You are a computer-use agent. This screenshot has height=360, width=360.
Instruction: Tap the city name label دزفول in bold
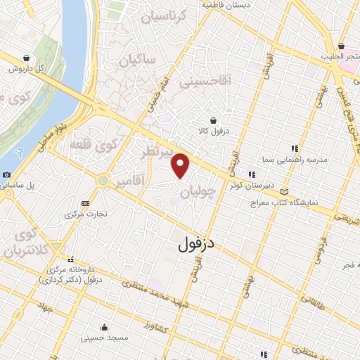click(195, 245)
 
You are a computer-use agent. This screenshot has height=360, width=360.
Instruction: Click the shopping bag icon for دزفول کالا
click(212, 120)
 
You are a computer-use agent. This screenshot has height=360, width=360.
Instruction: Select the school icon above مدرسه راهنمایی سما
click(295, 148)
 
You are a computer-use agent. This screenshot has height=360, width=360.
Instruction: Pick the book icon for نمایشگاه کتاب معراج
click(284, 191)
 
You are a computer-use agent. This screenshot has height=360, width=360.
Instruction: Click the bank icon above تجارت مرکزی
click(86, 202)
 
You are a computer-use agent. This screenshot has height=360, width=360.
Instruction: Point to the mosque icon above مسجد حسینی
click(104, 327)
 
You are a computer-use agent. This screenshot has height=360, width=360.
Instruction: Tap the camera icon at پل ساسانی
click(6, 174)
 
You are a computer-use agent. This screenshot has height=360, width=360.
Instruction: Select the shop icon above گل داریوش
click(27, 58)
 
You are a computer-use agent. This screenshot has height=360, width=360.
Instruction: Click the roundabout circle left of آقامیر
click(104, 181)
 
